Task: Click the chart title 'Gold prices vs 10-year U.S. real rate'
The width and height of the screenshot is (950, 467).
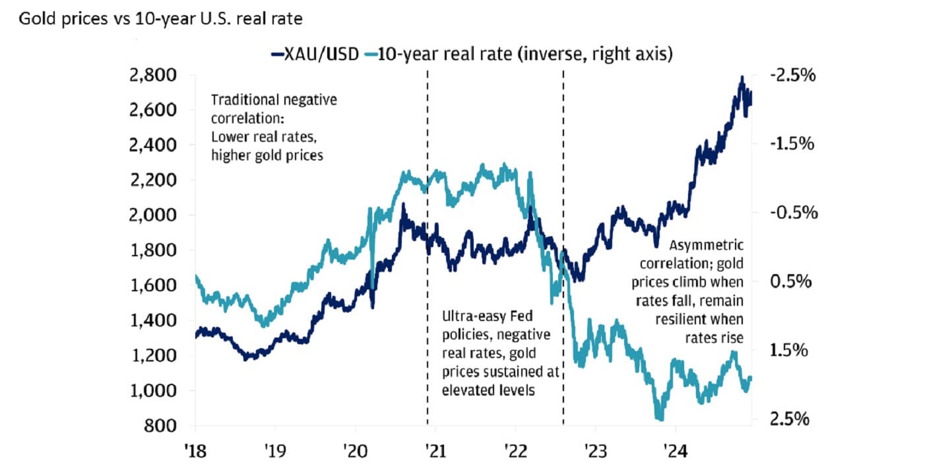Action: click(160, 19)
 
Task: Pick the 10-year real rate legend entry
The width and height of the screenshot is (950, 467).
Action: click(521, 55)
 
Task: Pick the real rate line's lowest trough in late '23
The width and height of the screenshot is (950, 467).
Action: click(658, 417)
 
